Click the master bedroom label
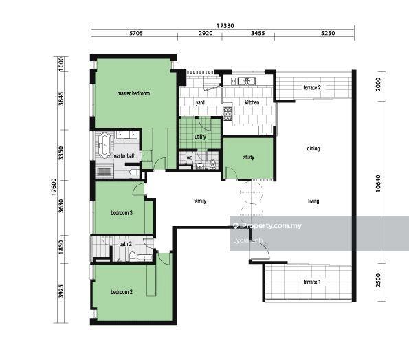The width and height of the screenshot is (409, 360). [133, 93]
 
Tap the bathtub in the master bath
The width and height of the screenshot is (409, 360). [104, 145]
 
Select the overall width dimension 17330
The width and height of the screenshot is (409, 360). [225, 26]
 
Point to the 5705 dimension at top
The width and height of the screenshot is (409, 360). [136, 33]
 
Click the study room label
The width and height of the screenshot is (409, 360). [249, 157]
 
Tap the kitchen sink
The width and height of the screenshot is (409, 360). [247, 81]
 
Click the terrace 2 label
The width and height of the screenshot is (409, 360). [312, 87]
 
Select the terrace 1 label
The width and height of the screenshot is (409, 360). [312, 282]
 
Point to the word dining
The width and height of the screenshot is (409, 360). [313, 148]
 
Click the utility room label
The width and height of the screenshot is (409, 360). [200, 137]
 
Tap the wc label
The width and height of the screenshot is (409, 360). [190, 158]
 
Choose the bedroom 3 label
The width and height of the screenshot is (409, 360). [122, 213]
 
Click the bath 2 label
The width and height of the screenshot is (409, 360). [126, 244]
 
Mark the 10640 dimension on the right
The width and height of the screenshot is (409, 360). [378, 183]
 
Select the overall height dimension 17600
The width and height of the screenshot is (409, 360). [54, 187]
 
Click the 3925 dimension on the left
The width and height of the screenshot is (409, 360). [60, 291]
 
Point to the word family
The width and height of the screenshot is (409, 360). [200, 201]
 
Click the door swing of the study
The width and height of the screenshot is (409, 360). [232, 171]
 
